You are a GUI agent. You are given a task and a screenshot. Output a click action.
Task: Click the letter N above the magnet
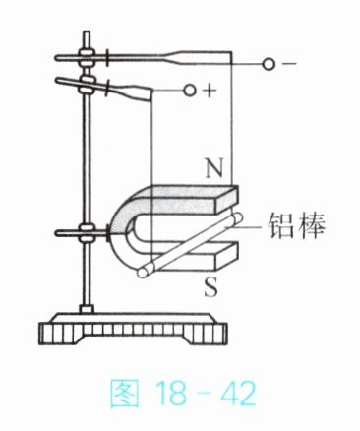[214, 168]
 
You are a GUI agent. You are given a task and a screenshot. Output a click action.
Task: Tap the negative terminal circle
[269, 64]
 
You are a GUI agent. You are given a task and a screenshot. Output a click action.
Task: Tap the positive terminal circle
[190, 90]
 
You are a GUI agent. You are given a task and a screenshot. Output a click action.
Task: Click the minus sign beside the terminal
[289, 64]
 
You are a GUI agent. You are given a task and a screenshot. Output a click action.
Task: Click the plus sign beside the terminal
[210, 92]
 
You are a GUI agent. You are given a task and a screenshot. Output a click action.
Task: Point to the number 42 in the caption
[237, 393]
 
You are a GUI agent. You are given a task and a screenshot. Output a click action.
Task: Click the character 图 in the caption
[124, 393]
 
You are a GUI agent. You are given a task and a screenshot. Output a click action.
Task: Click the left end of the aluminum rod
[143, 273]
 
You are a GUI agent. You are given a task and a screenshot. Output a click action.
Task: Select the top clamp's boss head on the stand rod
[87, 58]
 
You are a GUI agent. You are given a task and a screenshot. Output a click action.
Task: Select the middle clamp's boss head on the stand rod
[88, 84]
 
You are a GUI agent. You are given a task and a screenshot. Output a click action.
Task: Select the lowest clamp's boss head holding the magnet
[88, 233]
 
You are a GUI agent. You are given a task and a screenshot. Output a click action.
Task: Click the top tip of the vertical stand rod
[87, 32]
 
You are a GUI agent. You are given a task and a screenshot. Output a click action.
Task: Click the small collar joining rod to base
[87, 309]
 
